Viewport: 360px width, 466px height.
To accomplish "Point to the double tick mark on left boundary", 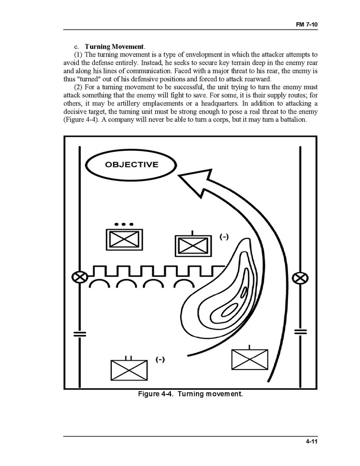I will click(x=79, y=332).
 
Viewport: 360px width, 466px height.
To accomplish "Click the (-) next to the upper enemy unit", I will click(x=224, y=237).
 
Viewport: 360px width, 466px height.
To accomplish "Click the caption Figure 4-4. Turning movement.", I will click(x=190, y=394).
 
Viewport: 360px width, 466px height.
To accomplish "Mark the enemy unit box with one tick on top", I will click(x=191, y=245).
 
